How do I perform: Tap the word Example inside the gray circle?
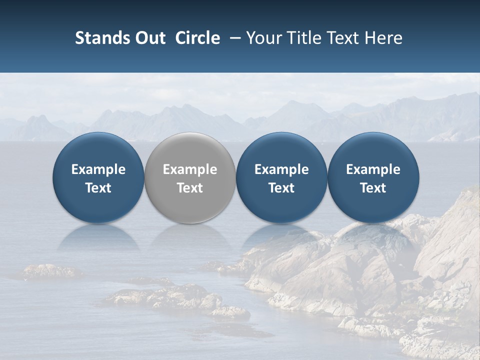pos(190,169)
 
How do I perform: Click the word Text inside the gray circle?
pos(190,188)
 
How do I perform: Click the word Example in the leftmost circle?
pos(98,169)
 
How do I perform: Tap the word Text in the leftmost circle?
pos(98,188)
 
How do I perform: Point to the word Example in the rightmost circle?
pos(373,169)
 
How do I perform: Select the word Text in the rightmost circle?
pos(373,188)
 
